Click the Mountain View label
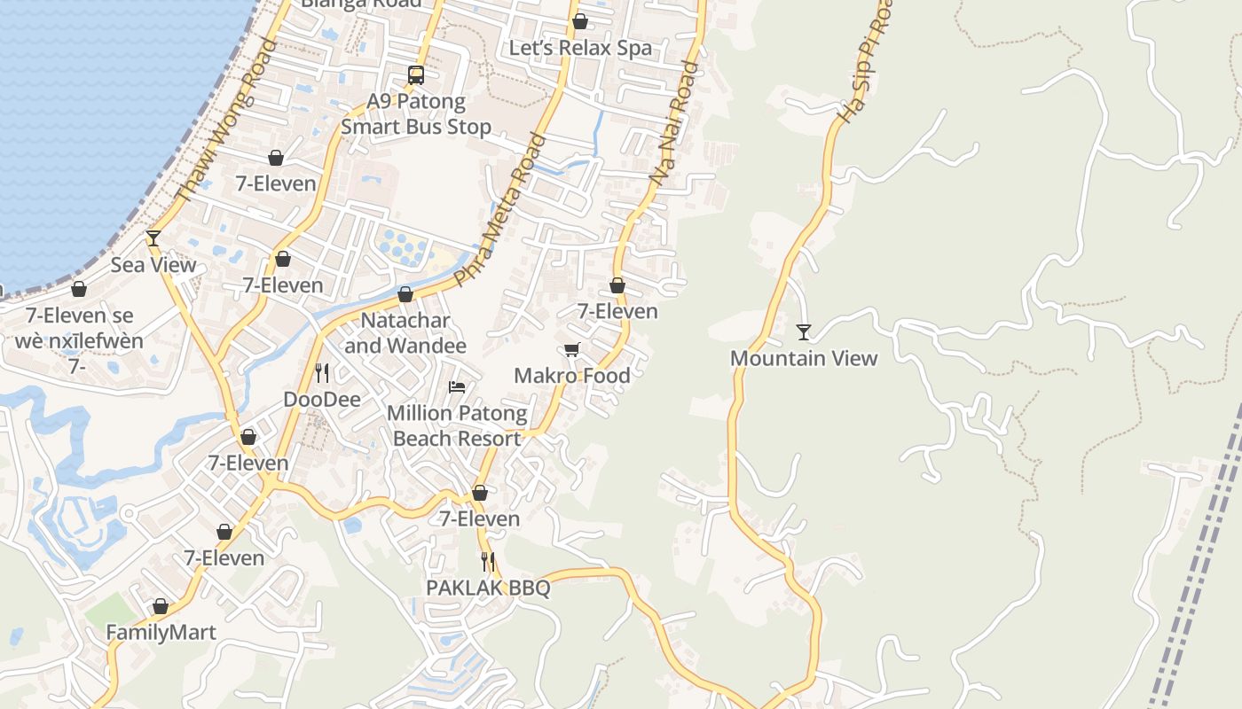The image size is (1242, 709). pyautogui.click(x=804, y=358)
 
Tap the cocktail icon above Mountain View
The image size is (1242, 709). pyautogui.click(x=804, y=332)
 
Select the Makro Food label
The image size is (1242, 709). pyautogui.click(x=572, y=375)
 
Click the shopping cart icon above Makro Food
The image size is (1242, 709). pyautogui.click(x=572, y=350)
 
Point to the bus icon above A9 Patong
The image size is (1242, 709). pyautogui.click(x=416, y=75)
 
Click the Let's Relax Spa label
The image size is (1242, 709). pyautogui.click(x=580, y=48)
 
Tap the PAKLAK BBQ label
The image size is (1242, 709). pyautogui.click(x=488, y=588)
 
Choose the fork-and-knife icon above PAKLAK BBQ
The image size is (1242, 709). pyautogui.click(x=488, y=561)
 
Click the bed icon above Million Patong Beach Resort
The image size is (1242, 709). pyautogui.click(x=457, y=386)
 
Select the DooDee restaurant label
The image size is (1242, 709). pyautogui.click(x=322, y=399)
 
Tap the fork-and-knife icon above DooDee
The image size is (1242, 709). pyautogui.click(x=322, y=373)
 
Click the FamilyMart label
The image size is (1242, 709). pyautogui.click(x=161, y=632)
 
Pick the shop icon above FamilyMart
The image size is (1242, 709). pyautogui.click(x=161, y=606)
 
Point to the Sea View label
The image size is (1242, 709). pyautogui.click(x=153, y=264)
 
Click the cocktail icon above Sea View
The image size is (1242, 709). pyautogui.click(x=153, y=238)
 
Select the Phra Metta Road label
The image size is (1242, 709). pyautogui.click(x=499, y=210)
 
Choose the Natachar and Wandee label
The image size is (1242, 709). pyautogui.click(x=405, y=332)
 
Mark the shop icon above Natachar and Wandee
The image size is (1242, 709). pyautogui.click(x=405, y=294)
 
